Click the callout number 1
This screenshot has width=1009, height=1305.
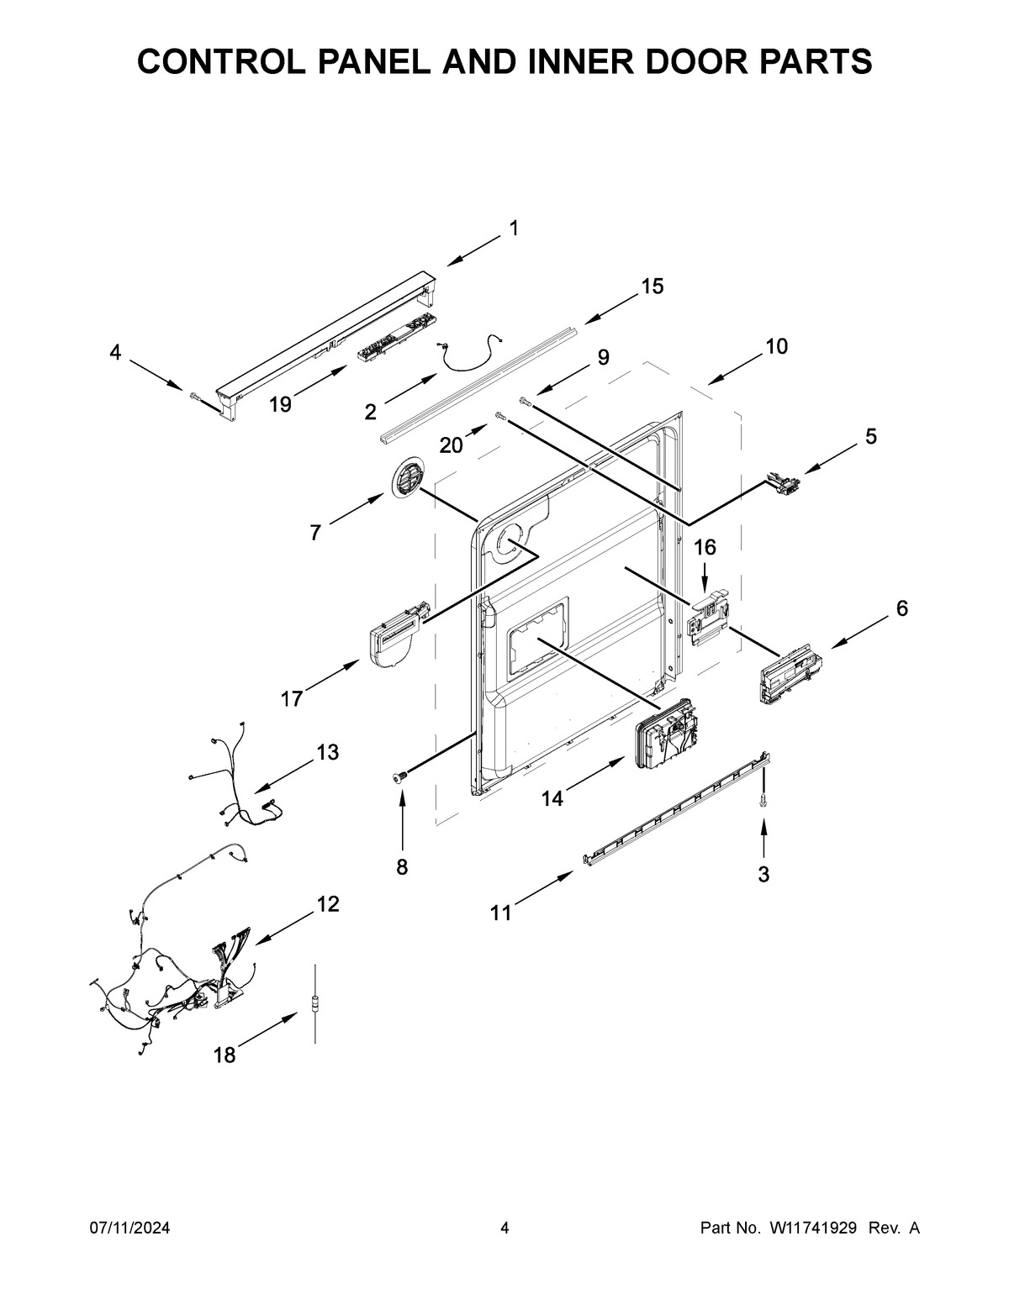pyautogui.click(x=513, y=228)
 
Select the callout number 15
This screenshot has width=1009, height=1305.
pyautogui.click(x=652, y=287)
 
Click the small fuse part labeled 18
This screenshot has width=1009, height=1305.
pyautogui.click(x=314, y=1002)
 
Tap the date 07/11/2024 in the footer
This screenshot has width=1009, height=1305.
pyautogui.click(x=130, y=1228)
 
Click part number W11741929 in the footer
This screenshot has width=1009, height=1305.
pyautogui.click(x=811, y=1228)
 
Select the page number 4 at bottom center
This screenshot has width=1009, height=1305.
pyautogui.click(x=504, y=1228)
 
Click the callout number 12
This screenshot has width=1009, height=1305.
pyautogui.click(x=328, y=904)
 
